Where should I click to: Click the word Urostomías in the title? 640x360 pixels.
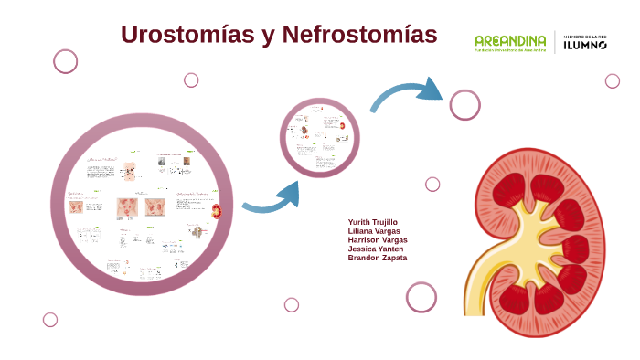(187, 35)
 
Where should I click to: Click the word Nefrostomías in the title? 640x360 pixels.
(360, 35)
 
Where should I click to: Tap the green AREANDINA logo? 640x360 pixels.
(510, 42)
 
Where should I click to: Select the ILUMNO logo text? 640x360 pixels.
(585, 43)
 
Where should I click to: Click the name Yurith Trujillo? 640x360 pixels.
(372, 222)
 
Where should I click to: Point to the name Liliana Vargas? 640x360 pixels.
(373, 231)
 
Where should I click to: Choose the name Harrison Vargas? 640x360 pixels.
(378, 240)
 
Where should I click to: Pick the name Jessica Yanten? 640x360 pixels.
(376, 249)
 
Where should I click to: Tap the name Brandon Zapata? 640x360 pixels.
(378, 258)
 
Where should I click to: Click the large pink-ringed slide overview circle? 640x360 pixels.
(142, 203)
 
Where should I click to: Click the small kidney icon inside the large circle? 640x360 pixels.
(217, 211)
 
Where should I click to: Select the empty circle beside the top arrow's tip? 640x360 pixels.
(464, 104)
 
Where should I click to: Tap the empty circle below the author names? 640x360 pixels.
(421, 297)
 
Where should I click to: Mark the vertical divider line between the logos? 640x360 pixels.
(555, 43)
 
